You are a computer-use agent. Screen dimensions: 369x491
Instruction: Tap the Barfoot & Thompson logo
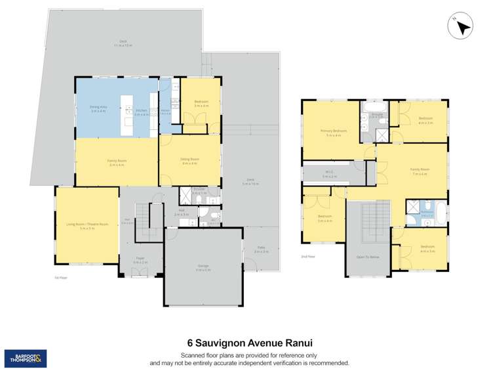tap(26, 358)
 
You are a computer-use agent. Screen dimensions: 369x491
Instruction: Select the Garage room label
tap(203, 267)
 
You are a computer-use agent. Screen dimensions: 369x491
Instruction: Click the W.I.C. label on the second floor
tap(330, 173)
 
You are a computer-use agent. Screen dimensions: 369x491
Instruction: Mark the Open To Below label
tap(367, 257)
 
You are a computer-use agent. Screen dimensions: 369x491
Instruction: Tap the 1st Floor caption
tap(61, 278)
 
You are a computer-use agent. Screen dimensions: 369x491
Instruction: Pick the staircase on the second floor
tap(367, 220)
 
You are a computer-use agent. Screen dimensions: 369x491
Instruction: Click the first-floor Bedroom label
tap(201, 103)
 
